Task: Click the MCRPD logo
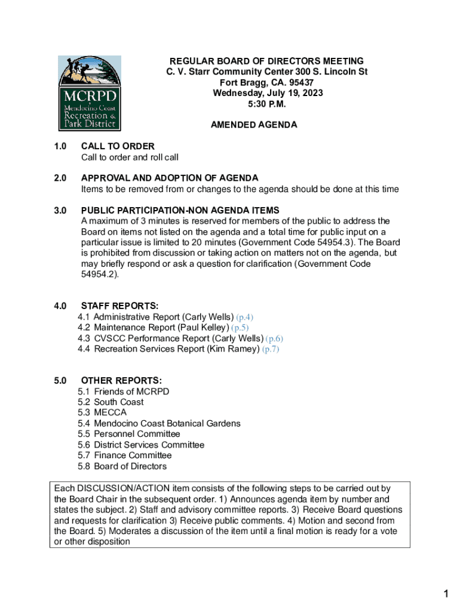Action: point(89,93)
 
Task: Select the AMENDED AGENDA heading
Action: point(254,125)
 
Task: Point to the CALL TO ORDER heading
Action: point(118,146)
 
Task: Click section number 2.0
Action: point(59,178)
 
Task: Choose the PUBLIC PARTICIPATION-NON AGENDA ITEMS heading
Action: point(180,210)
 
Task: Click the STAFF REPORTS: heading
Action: point(119,306)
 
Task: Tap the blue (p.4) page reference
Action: point(249,317)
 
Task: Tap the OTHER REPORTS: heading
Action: point(121,381)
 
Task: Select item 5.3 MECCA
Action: point(102,412)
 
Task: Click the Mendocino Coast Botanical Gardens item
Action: point(167,423)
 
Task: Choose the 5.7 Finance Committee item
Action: point(124,455)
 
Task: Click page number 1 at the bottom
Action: point(446,594)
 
